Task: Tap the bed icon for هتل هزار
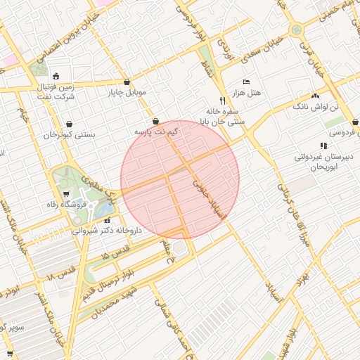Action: [x=245, y=82]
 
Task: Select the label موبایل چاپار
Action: [x=127, y=92]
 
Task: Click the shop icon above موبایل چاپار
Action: [x=127, y=82]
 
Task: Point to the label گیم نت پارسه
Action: [x=156, y=131]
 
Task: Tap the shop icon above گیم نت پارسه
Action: [x=155, y=121]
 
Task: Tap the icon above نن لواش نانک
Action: [x=315, y=95]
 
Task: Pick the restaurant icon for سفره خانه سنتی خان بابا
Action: [x=222, y=101]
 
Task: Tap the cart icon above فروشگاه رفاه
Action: [x=66, y=195]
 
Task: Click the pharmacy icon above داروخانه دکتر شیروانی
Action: [x=107, y=220]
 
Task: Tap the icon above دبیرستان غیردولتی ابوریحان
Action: [x=323, y=146]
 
